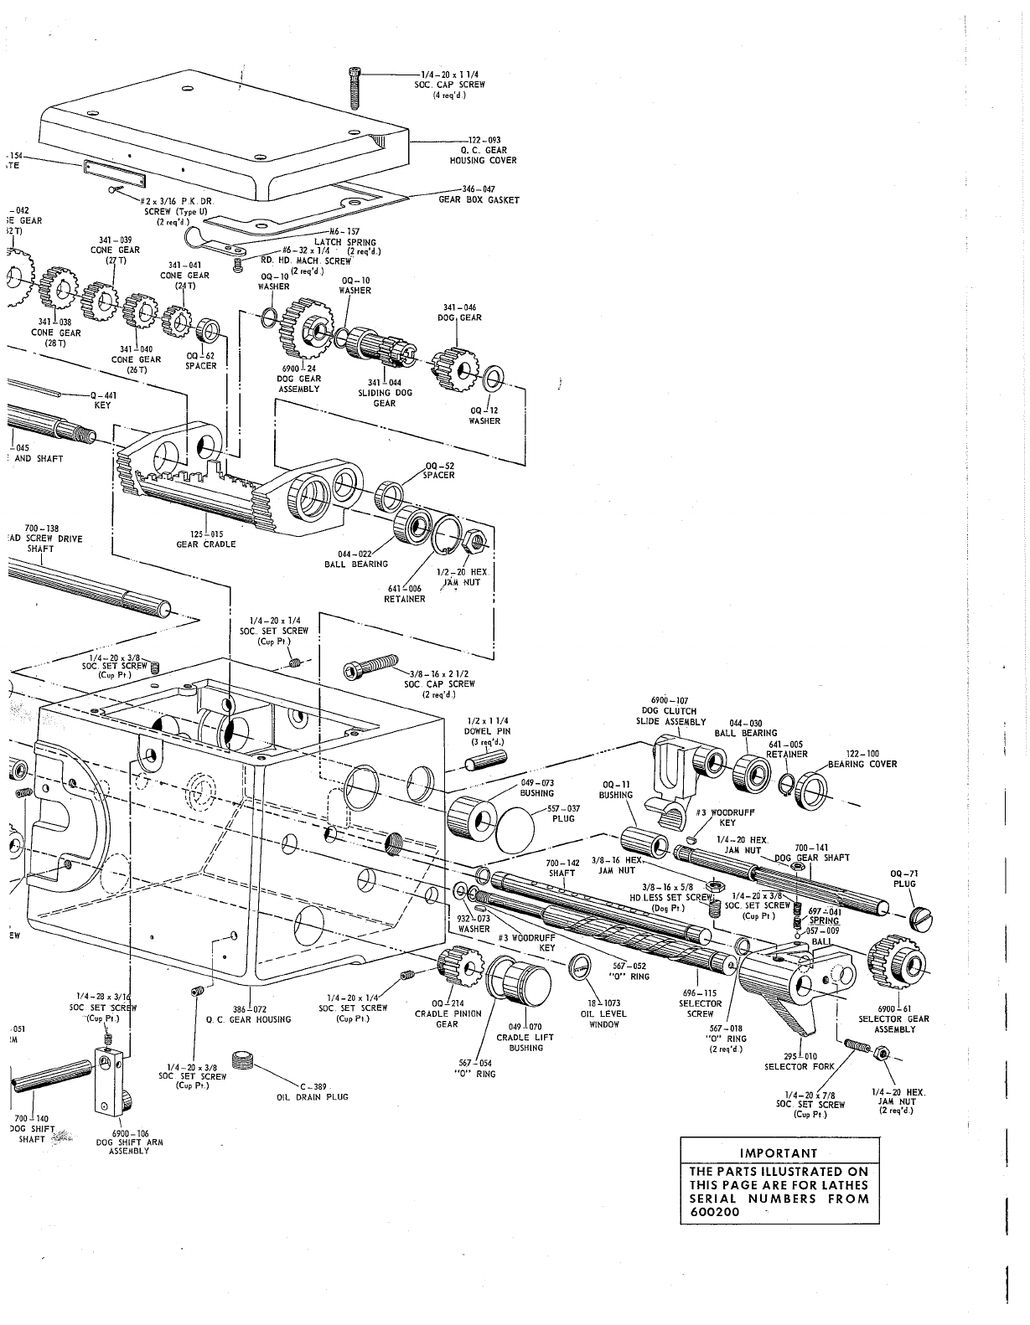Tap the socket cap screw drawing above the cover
click(355, 87)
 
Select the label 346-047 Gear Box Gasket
click(479, 195)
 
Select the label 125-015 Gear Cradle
click(205, 539)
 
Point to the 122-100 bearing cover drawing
click(812, 788)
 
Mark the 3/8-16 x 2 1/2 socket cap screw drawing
click(369, 668)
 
